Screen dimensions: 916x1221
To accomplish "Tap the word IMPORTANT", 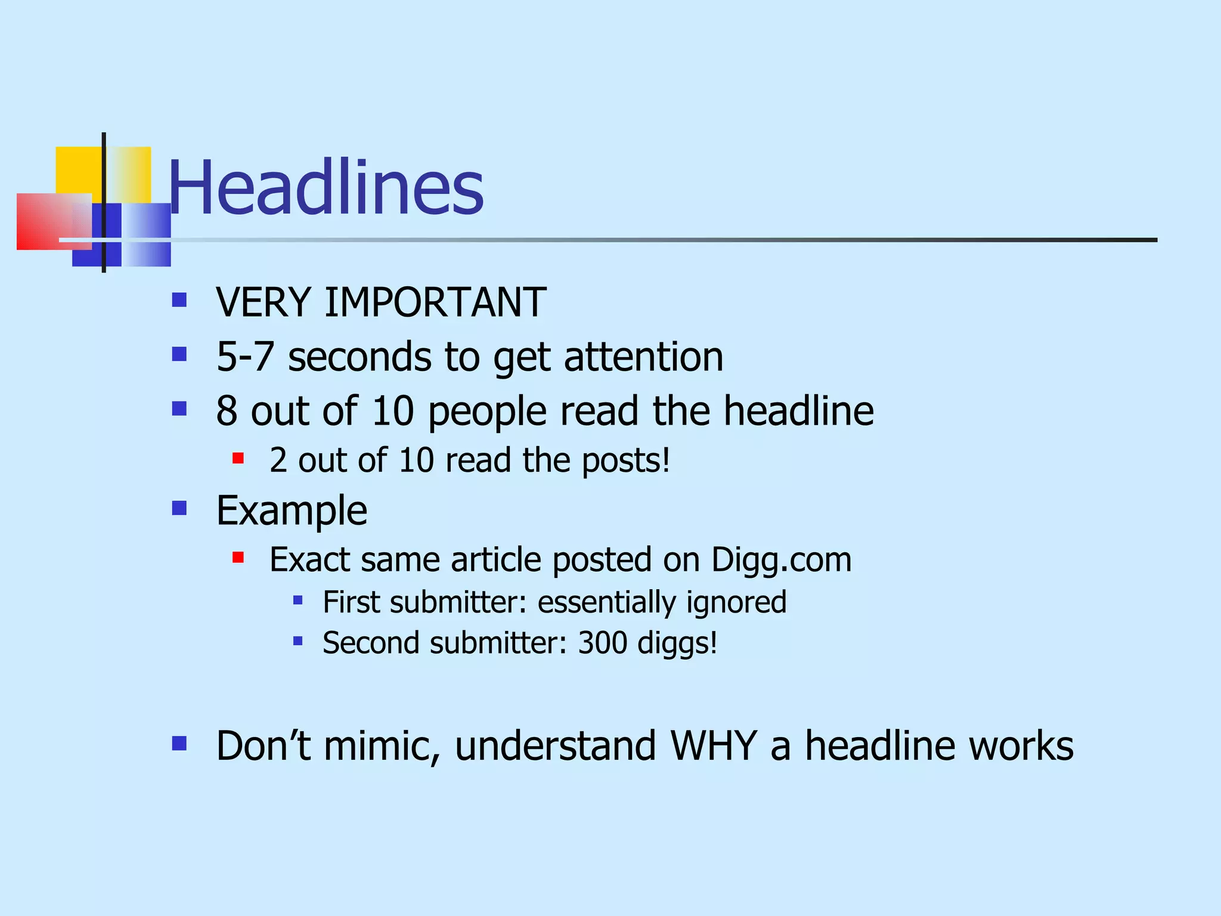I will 435,302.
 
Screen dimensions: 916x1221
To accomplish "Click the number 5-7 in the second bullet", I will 244,357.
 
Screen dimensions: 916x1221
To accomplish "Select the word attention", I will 643,357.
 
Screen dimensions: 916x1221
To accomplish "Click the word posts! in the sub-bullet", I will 626,460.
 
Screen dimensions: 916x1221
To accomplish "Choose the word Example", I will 292,511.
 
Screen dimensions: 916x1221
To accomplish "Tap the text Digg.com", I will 781,560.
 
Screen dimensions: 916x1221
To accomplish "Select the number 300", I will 602,643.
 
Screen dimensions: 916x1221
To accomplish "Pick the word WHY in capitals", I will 713,745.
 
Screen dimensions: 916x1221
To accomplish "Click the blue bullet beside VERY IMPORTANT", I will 179,299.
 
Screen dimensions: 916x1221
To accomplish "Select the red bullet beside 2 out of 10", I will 238,459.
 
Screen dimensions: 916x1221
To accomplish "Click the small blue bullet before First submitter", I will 298,601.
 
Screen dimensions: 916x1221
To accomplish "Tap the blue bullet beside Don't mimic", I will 179,743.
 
